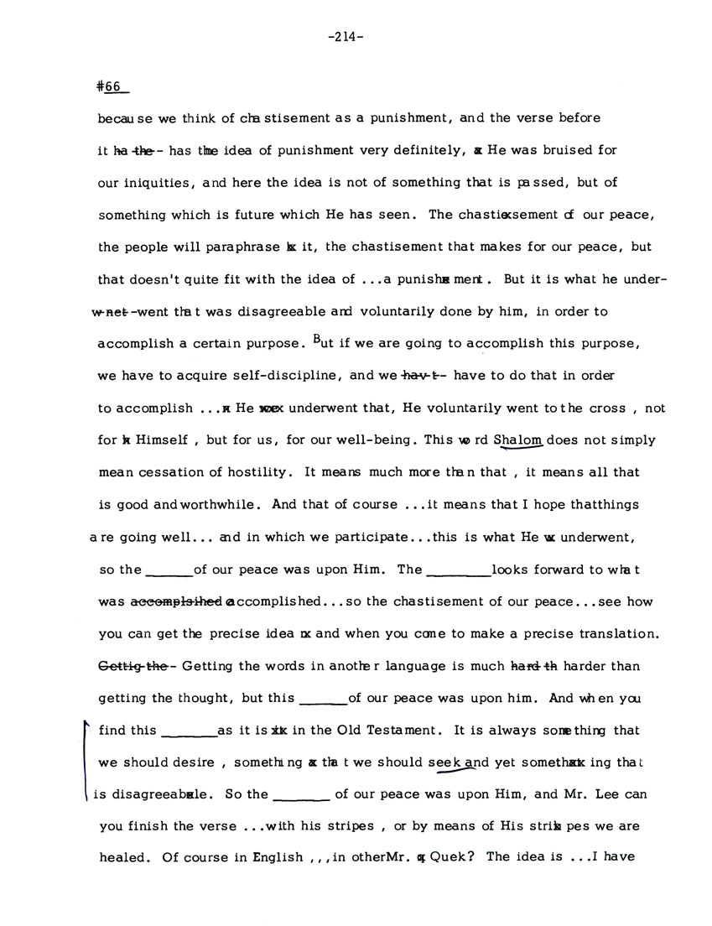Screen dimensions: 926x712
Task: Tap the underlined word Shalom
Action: [x=519, y=440]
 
